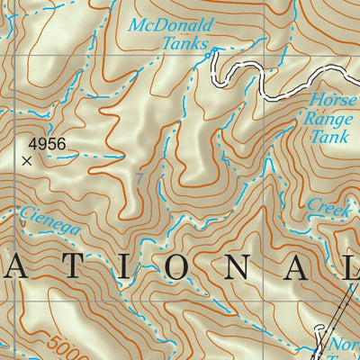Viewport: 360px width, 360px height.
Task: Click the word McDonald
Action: click(168, 25)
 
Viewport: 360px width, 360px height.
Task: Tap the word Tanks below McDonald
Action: click(184, 43)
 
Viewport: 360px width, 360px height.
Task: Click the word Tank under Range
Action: click(329, 137)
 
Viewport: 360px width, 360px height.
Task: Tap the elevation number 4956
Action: click(48, 143)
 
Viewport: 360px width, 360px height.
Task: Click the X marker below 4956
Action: click(26, 161)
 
